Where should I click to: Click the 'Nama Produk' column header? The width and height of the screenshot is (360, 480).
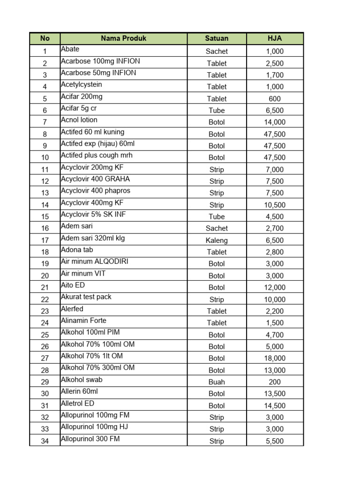[x=124, y=38]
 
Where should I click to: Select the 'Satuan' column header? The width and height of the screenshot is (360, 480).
[x=217, y=38]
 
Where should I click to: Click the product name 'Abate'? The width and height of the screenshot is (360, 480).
[x=70, y=49]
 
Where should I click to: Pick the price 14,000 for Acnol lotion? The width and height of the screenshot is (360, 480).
[x=274, y=122]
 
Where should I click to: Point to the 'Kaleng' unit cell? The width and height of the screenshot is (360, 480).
[x=217, y=240]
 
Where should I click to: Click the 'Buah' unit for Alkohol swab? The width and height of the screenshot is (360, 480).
[x=217, y=382]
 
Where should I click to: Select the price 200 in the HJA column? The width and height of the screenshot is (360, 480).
[x=274, y=382]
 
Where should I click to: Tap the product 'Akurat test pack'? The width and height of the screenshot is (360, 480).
[x=86, y=297]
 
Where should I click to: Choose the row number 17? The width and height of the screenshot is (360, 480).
[x=45, y=240]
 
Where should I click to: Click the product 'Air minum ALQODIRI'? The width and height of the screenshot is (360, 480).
[x=91, y=262]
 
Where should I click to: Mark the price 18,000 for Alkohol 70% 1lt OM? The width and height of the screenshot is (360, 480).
[x=274, y=358]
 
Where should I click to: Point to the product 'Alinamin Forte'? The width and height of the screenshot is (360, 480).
[x=84, y=321]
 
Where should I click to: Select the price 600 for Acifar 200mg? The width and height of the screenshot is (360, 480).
[x=274, y=99]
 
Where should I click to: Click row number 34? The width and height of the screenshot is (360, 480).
[x=45, y=441]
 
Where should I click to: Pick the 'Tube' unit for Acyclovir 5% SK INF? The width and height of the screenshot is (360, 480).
[x=217, y=217]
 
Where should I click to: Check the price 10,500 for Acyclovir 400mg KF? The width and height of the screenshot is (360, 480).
[x=274, y=205]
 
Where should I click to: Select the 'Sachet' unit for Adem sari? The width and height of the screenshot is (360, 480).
[x=217, y=228]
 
